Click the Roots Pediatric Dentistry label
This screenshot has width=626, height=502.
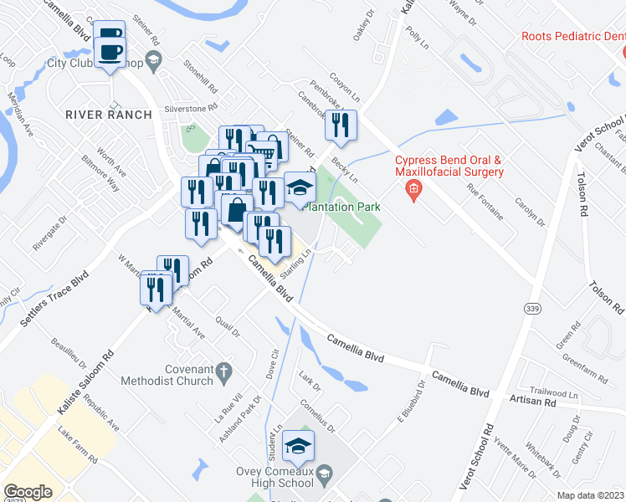pyautogui.click(x=572, y=36)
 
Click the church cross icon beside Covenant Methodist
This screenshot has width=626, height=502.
pyautogui.click(x=223, y=369)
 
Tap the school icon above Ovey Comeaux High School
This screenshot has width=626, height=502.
pyautogui.click(x=297, y=447)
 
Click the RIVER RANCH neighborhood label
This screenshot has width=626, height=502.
pyautogui.click(x=110, y=115)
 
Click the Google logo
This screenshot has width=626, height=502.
pyautogui.click(x=28, y=492)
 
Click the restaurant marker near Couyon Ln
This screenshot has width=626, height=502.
pyautogui.click(x=341, y=126)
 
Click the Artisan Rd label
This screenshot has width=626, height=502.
pyautogui.click(x=532, y=402)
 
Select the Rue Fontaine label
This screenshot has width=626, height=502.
pyautogui.click(x=485, y=202)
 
